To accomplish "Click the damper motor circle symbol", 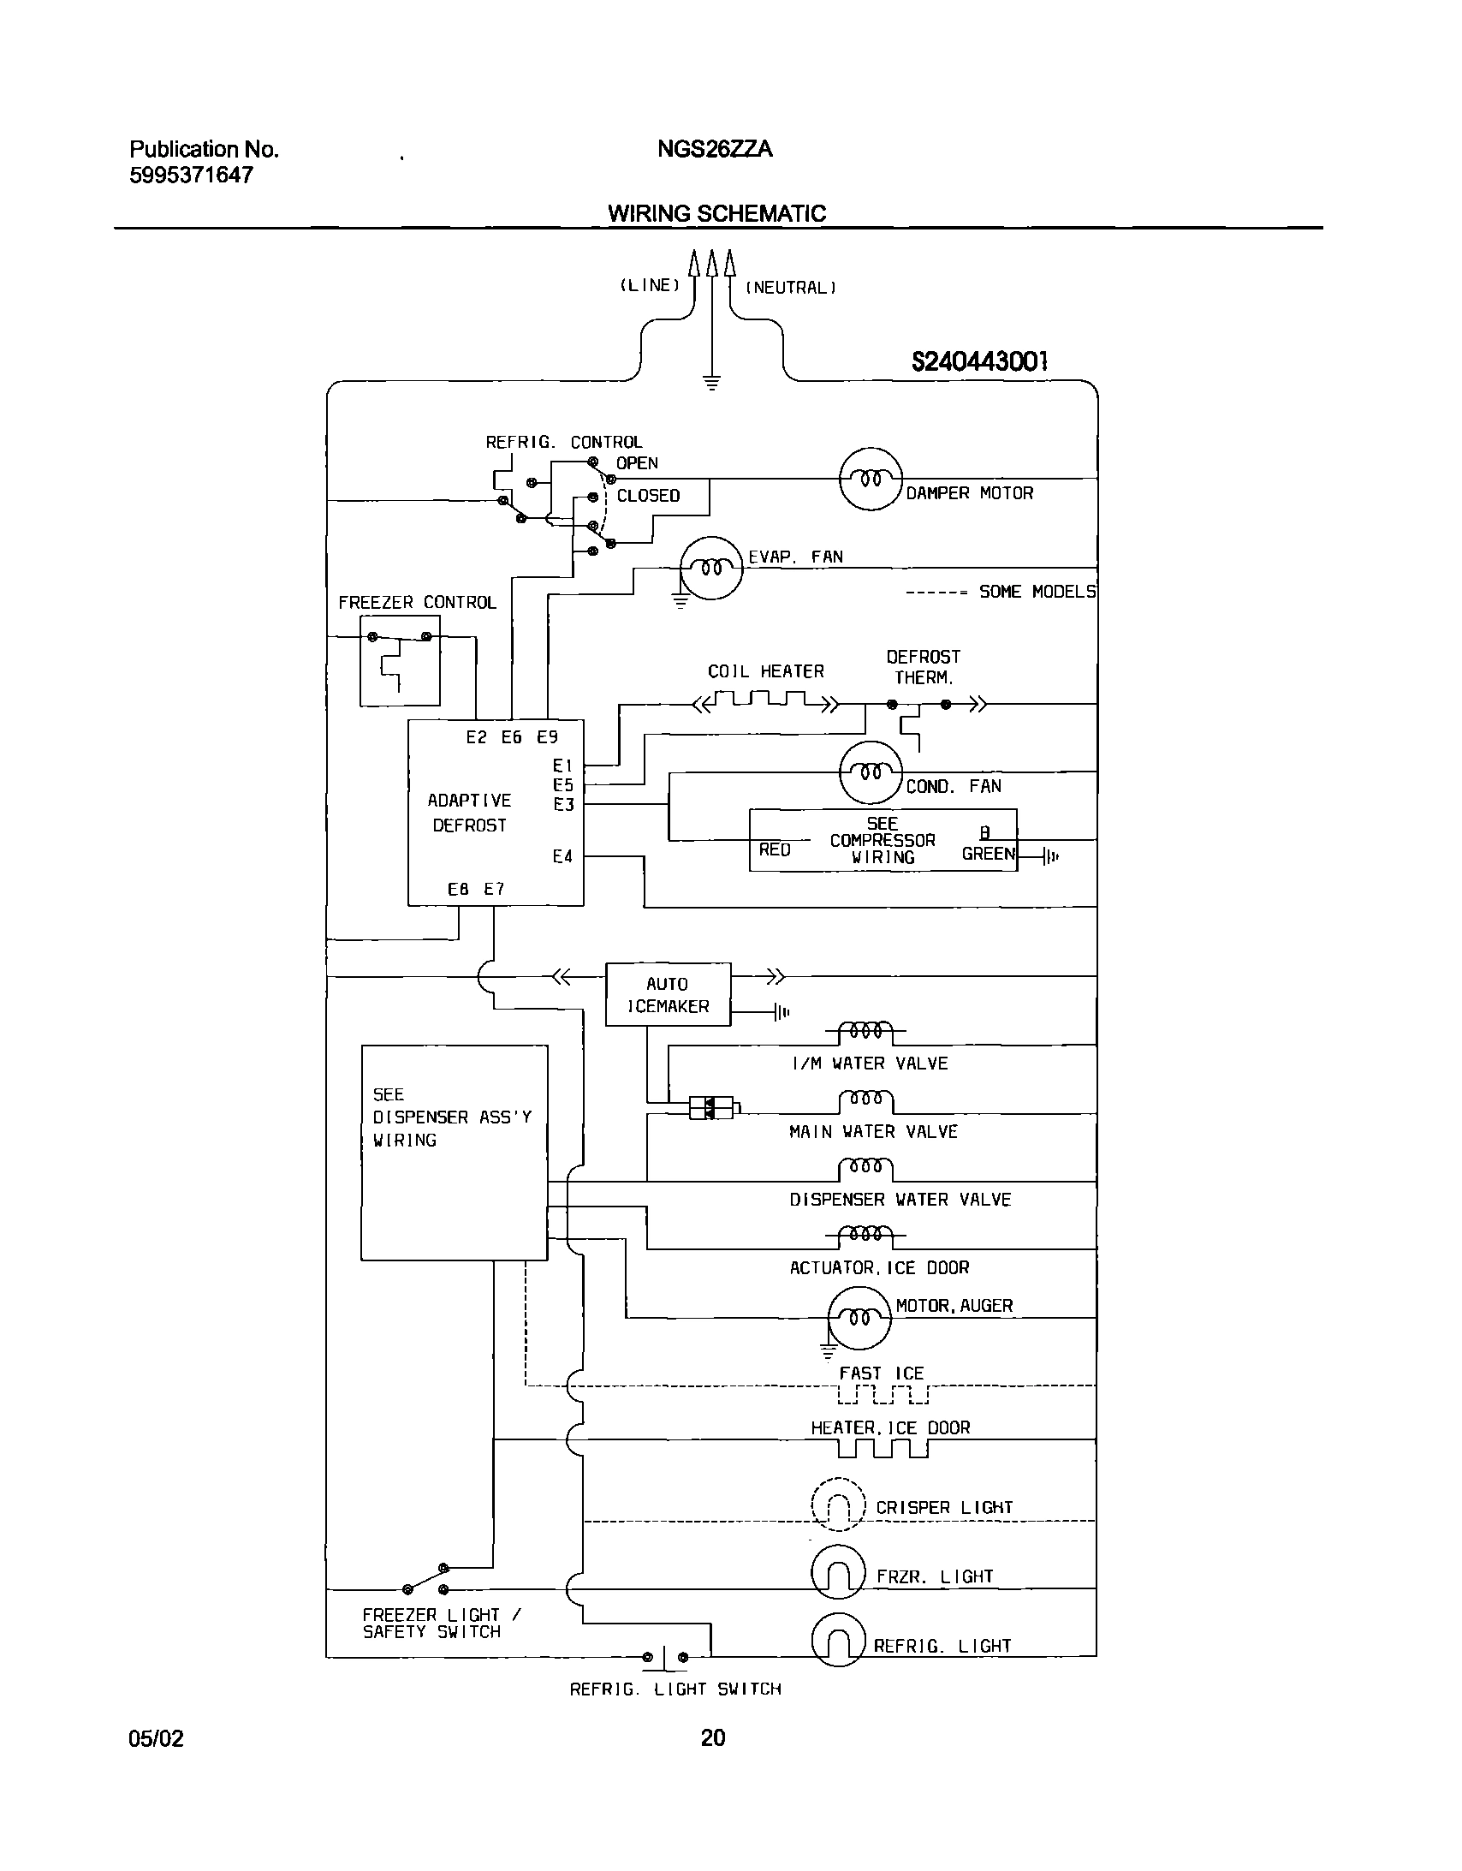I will coord(871,479).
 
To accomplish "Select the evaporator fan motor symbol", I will coord(710,568).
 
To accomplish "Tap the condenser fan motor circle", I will coord(871,772).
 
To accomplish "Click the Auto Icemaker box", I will coord(668,994).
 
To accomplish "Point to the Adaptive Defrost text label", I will coord(469,812).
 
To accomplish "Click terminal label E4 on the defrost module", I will coord(562,855).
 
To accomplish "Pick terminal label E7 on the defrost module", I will coord(494,889).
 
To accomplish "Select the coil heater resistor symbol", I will coord(767,703).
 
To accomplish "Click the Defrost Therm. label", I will coord(923,666).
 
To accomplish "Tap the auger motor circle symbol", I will coord(859,1318).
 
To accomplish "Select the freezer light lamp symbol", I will coord(839,1573).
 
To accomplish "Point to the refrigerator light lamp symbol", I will coord(839,1641).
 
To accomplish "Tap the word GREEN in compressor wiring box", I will coord(988,853).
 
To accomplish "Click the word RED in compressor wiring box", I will coord(775,849).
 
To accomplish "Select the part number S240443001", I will coord(979,361).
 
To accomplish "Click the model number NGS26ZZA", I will coord(714,149).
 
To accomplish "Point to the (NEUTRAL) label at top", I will coord(791,288).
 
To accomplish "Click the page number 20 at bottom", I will coord(712,1737).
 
